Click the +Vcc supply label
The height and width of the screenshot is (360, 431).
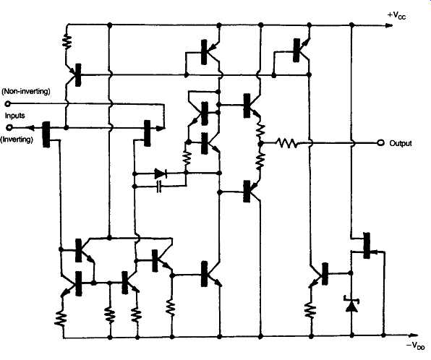[396, 15]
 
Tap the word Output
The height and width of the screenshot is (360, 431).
[401, 143]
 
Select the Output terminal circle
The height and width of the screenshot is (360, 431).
[380, 142]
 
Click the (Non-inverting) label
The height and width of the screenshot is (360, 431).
[26, 91]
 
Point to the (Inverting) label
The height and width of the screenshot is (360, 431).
[17, 140]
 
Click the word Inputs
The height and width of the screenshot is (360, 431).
[15, 116]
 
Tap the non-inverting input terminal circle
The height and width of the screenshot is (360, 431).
[8, 104]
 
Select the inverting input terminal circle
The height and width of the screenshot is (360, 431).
[9, 127]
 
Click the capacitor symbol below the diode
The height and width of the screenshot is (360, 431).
[158, 187]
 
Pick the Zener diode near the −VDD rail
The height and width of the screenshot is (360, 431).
[351, 304]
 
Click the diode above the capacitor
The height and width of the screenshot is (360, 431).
[160, 173]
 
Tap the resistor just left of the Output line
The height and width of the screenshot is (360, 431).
[286, 143]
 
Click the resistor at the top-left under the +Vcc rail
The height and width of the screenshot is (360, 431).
[67, 41]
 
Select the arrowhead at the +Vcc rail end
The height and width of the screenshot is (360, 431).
[388, 25]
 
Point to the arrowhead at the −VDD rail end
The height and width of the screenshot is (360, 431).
[413, 335]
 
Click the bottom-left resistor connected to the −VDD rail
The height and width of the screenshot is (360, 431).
[61, 319]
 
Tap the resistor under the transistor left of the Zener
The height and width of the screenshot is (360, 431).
[310, 310]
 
